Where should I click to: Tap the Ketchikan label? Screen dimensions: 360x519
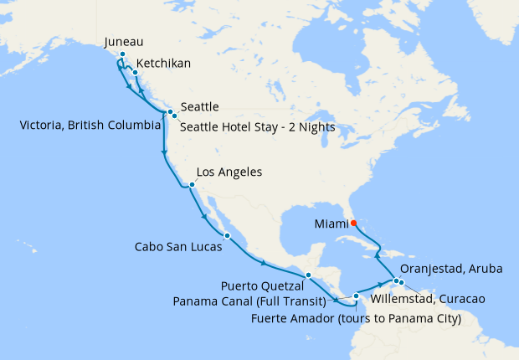point(163,63)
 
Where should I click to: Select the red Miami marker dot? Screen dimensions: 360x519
point(353,223)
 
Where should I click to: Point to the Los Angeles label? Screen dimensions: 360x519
point(229,172)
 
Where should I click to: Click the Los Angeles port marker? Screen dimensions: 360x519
point(192,185)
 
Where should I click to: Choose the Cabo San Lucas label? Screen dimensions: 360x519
point(178,248)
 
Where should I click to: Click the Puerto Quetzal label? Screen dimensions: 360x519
point(264,285)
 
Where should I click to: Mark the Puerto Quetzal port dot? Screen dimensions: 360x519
point(308,275)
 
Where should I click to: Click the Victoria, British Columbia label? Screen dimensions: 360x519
point(90,126)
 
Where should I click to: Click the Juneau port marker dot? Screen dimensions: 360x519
point(122,54)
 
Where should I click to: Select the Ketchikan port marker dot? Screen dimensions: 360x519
point(135,73)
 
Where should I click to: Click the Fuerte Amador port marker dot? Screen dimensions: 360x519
point(356,296)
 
